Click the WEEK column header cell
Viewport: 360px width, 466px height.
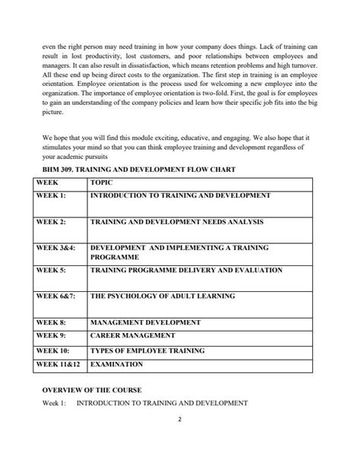click(x=47, y=183)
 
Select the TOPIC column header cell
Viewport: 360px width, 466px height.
click(x=102, y=183)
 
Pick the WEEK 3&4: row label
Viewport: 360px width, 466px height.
click(x=56, y=248)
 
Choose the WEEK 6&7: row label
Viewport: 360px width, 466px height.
click(x=56, y=296)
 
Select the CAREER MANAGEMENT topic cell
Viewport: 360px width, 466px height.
click(x=132, y=335)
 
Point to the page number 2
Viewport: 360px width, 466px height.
click(x=180, y=439)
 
